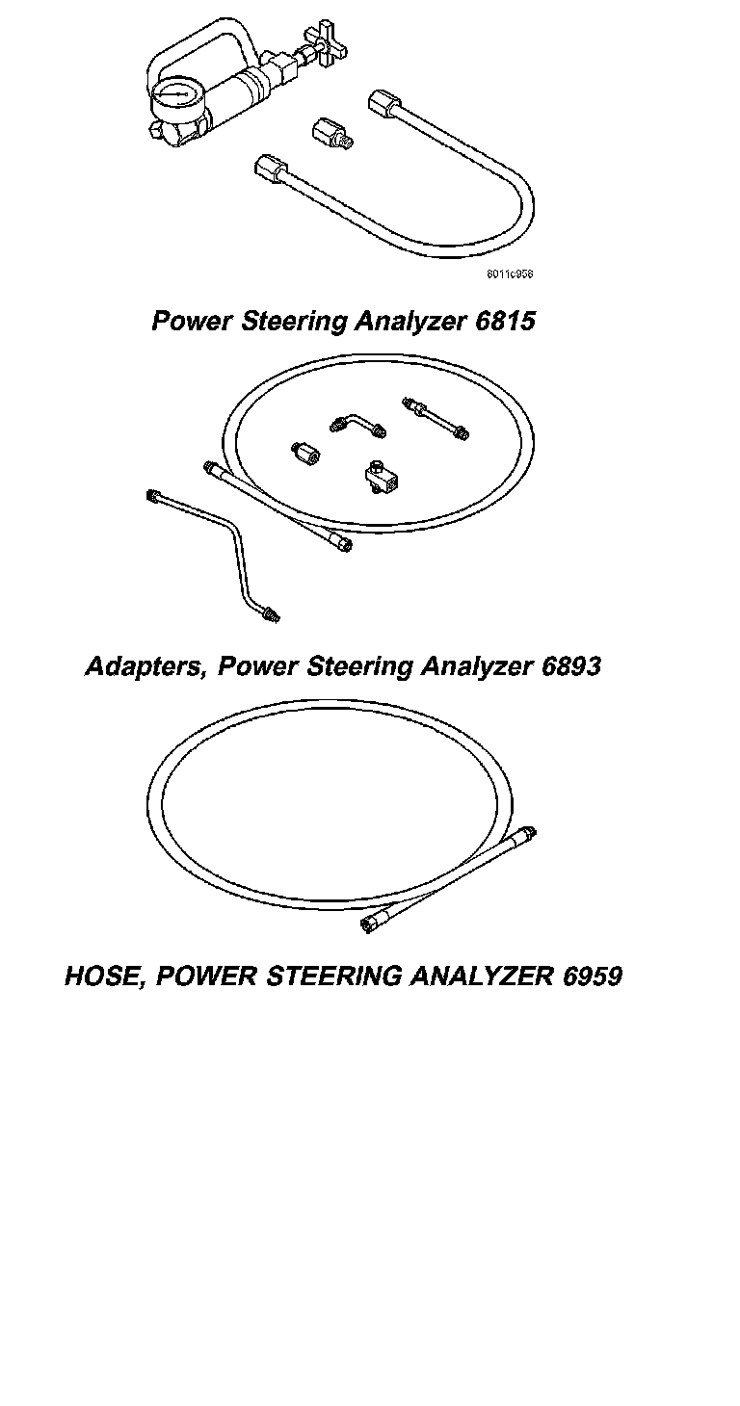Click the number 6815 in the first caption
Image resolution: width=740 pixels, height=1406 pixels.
tap(505, 321)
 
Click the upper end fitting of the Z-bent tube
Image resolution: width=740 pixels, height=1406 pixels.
tap(152, 497)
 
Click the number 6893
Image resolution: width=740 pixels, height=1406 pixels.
tap(571, 665)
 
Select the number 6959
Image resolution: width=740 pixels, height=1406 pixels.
tap(590, 976)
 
